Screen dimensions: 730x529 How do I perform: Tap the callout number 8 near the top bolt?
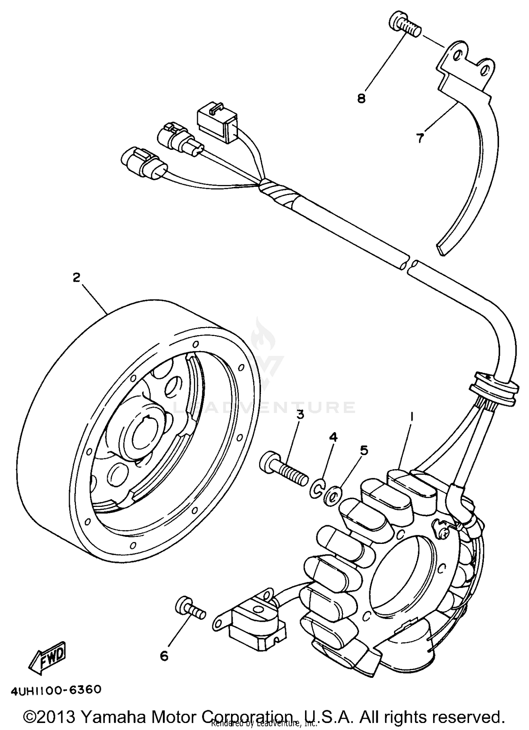[361, 98]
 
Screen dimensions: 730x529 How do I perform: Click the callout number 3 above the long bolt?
[300, 415]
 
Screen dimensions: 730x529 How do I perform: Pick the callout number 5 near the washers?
[364, 450]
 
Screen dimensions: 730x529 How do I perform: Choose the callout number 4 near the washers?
[333, 438]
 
